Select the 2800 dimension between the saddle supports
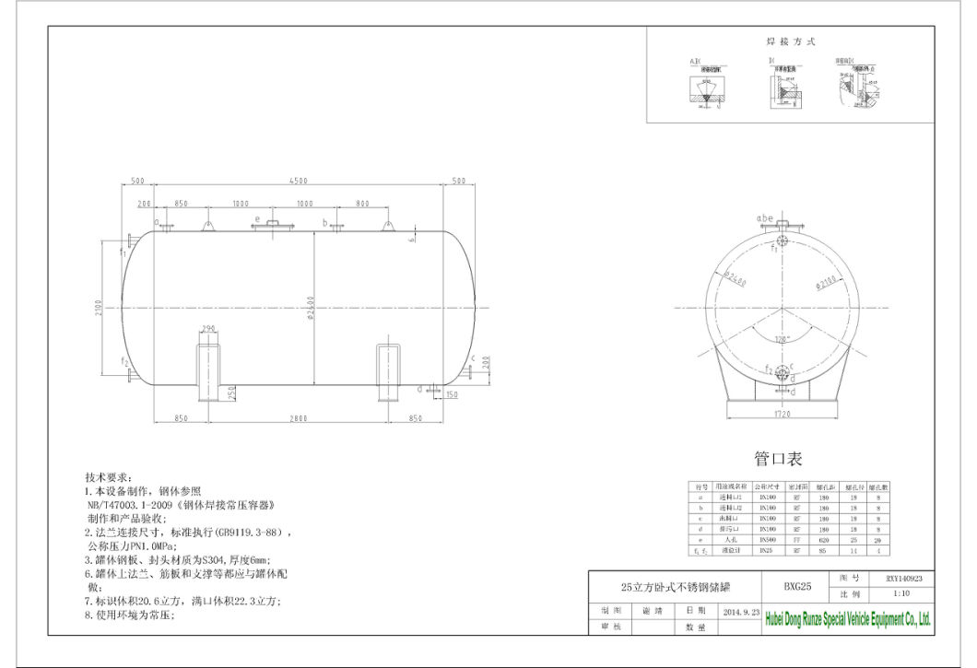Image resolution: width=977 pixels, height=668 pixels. click(x=299, y=418)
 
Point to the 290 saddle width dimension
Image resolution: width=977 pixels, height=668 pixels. click(x=208, y=329)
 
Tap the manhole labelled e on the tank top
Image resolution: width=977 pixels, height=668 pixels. click(x=271, y=225)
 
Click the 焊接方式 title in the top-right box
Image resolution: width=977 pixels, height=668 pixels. click(x=791, y=41)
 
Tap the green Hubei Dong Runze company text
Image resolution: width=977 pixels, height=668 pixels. click(x=848, y=620)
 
